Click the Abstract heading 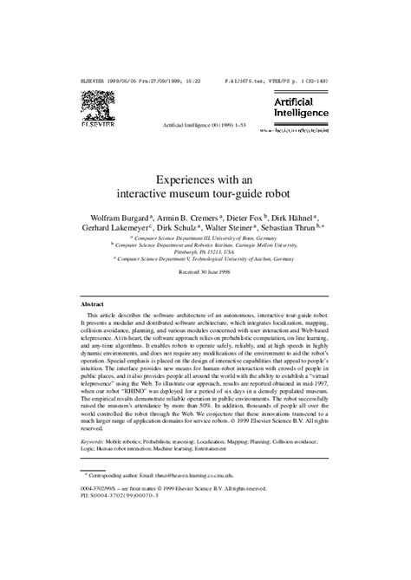(x=92, y=305)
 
